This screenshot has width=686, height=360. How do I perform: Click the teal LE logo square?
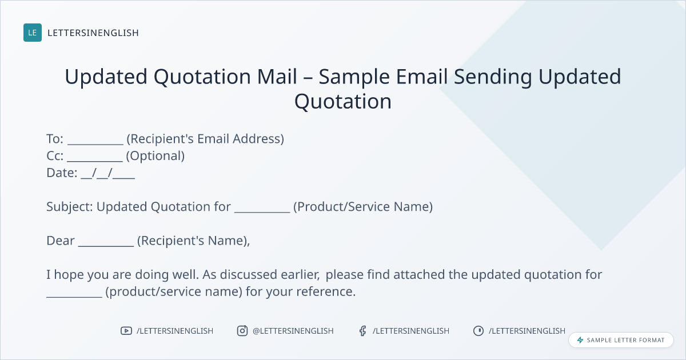click(x=33, y=33)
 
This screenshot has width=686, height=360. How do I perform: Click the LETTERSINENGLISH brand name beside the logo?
click(x=93, y=33)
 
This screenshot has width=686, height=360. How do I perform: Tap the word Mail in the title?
click(x=277, y=76)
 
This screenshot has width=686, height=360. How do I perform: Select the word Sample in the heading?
click(x=354, y=77)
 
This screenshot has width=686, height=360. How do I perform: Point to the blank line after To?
click(x=95, y=144)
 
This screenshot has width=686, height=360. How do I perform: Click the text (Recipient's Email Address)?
click(x=205, y=139)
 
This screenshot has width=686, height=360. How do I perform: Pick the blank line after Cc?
click(x=95, y=161)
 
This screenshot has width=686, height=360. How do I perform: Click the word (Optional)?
click(x=155, y=156)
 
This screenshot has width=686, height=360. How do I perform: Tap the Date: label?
click(x=62, y=173)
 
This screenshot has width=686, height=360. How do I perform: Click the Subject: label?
click(x=70, y=207)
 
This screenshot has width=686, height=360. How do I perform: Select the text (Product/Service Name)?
click(x=363, y=207)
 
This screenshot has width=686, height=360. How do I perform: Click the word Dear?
click(x=61, y=241)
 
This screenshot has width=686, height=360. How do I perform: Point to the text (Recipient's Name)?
click(x=194, y=241)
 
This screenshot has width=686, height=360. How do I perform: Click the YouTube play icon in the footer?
click(x=126, y=331)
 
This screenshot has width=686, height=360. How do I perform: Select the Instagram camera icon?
click(x=242, y=331)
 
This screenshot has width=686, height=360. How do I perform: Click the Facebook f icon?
click(x=362, y=331)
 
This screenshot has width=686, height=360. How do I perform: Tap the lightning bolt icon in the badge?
click(x=580, y=340)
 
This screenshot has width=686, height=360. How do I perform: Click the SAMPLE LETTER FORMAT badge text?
click(x=625, y=340)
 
